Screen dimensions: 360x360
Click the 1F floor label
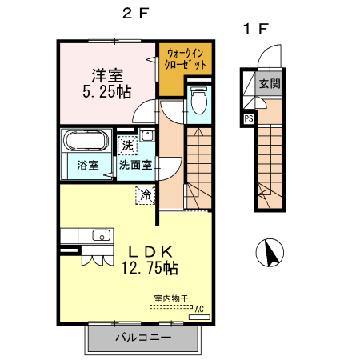click(x=254, y=30)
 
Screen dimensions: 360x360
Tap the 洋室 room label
click(x=106, y=76)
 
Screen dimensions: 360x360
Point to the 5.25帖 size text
click(x=106, y=92)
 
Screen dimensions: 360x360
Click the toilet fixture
click(x=198, y=102)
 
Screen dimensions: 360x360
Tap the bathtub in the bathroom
click(x=84, y=142)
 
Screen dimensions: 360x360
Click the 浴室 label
click(x=88, y=166)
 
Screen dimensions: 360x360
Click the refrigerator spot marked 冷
click(x=146, y=194)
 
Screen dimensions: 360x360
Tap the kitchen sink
click(x=101, y=236)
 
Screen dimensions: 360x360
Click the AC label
click(x=199, y=309)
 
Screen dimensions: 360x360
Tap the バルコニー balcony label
click(x=143, y=338)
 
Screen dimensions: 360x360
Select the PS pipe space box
click(x=249, y=119)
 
